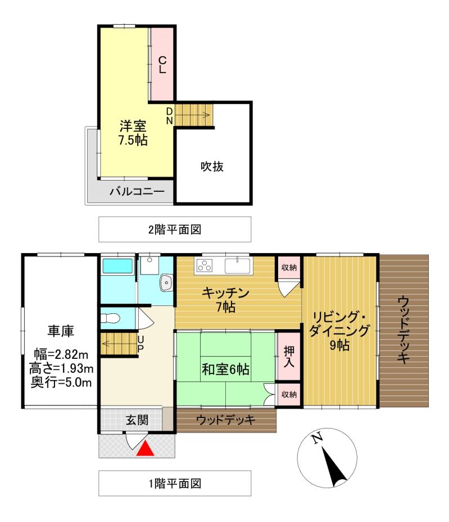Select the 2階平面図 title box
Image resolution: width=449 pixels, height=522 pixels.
click(x=175, y=229)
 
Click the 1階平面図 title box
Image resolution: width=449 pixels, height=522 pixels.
click(x=175, y=483)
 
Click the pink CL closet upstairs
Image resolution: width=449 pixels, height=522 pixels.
click(x=161, y=64)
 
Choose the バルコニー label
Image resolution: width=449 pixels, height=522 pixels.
click(x=137, y=192)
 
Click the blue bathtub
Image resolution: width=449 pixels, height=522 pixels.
click(x=117, y=266)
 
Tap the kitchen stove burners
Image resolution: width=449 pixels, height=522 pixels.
click(x=203, y=265)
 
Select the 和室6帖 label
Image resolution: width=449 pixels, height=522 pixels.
click(x=226, y=370)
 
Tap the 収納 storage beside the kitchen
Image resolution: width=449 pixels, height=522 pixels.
click(x=289, y=268)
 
